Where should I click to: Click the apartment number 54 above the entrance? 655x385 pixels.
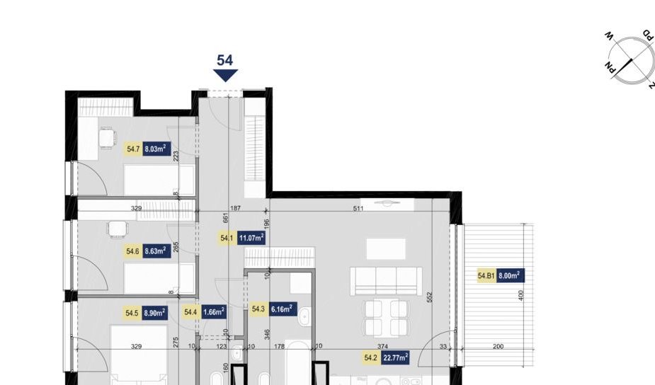(225, 60)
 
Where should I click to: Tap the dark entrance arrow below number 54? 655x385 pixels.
(225, 75)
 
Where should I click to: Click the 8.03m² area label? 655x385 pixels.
(155, 149)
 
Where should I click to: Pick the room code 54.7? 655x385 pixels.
(133, 149)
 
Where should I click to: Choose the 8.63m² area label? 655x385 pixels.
(155, 251)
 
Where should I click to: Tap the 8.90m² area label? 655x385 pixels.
(155, 312)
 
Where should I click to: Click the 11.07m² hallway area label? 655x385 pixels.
(251, 239)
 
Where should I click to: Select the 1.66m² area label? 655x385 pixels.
(213, 311)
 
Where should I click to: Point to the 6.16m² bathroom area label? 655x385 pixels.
(281, 309)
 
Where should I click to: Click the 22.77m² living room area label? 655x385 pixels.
(395, 359)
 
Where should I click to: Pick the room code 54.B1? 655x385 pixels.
(486, 276)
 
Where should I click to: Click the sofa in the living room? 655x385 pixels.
(387, 281)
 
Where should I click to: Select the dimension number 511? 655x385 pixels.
(358, 209)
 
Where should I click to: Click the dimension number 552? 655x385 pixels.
(429, 298)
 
